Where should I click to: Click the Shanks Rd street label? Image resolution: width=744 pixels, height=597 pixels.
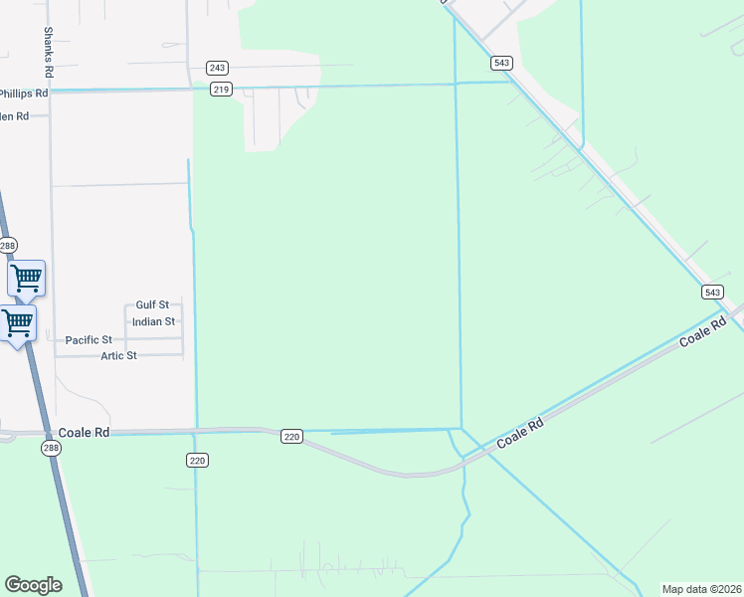47,53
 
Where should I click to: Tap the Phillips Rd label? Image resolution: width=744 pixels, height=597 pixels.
23,93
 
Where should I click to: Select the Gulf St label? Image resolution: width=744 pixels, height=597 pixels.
153,304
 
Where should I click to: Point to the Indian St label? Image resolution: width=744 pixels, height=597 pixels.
153,321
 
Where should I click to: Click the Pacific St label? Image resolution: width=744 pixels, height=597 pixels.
89,339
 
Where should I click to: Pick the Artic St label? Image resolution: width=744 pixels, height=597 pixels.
118,355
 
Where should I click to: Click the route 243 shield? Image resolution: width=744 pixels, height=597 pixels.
218,68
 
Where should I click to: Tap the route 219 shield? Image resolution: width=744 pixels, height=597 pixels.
221,90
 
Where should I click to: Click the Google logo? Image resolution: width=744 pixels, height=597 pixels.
33,584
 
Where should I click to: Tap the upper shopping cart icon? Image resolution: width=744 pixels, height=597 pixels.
27,278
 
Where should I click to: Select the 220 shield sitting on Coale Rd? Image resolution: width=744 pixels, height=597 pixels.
291,436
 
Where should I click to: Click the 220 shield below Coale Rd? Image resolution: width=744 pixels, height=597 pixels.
197,460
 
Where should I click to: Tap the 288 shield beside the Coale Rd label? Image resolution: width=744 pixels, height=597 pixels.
51,449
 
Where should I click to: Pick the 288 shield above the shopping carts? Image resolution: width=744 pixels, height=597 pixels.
8,246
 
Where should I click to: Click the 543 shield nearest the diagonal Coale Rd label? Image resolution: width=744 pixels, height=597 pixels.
712,292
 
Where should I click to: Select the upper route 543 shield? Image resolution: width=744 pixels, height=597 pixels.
501,63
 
